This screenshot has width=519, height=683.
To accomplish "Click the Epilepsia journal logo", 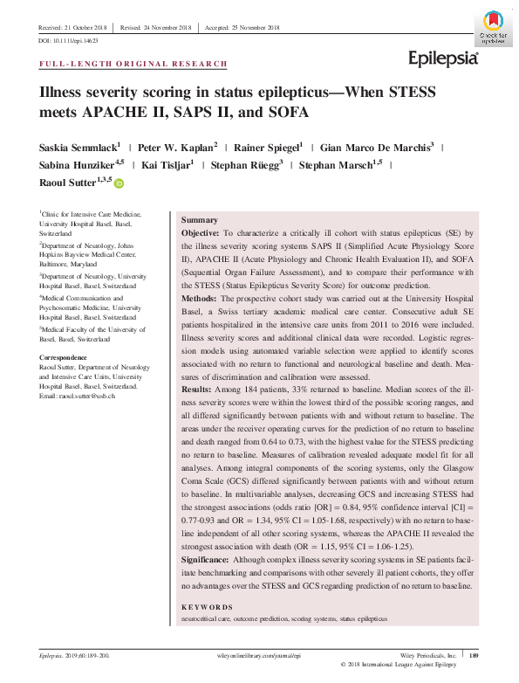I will click(443, 59).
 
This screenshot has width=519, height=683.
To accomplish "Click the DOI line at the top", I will click(69, 41).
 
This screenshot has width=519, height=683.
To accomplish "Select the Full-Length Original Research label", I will click(134, 65).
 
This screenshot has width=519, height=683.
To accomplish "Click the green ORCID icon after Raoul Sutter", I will click(119, 183).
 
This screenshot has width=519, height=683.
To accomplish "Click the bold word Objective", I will click(199, 235).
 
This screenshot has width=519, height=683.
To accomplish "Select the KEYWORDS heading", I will click(207, 606).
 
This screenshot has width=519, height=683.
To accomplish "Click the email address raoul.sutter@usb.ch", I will click(92, 397).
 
